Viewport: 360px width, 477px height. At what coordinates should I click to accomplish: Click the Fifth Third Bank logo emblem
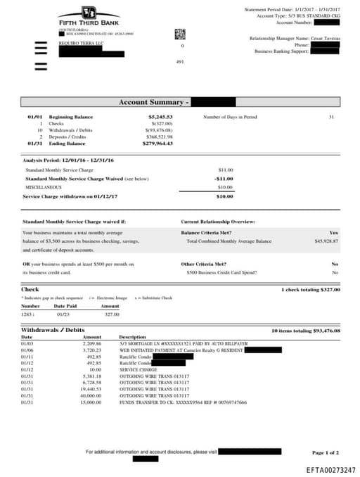point(88,13)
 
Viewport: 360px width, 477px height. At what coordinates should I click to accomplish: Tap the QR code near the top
point(179,34)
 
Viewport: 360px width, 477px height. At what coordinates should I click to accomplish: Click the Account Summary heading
point(153,102)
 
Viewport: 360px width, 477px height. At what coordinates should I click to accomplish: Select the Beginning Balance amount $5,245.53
point(160,117)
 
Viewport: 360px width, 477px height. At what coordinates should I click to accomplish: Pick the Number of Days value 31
point(331,117)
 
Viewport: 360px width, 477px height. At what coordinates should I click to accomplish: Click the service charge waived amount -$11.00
point(224,178)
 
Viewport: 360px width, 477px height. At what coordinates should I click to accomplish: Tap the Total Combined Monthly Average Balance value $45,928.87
point(326,241)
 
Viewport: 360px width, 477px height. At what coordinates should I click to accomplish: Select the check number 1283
point(30,314)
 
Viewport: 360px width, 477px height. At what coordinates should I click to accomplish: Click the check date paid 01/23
point(61,314)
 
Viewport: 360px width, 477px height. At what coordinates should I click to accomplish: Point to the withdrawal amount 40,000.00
point(92,395)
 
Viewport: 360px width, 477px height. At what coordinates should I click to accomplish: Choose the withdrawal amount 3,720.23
point(92,350)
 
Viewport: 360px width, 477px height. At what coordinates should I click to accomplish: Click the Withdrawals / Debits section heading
point(53,329)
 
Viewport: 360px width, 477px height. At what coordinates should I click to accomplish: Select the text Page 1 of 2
point(325,452)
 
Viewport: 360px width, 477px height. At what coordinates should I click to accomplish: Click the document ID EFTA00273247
point(330,469)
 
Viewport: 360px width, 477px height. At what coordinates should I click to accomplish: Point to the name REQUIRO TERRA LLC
point(77,44)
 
